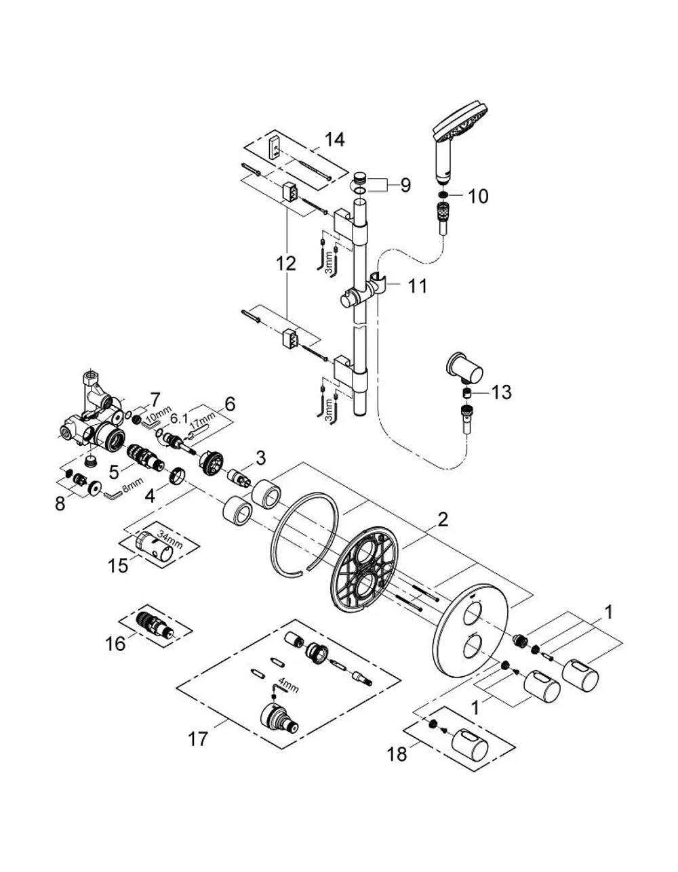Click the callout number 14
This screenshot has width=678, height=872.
334,140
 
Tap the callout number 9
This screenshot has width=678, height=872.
405,186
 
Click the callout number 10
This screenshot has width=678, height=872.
478,196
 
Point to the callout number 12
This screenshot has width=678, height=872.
286,264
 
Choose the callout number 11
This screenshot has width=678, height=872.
418,287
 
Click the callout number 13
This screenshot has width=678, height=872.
502,392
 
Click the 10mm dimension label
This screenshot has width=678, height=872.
153,417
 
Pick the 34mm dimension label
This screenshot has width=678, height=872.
169,539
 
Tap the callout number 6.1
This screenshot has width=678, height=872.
179,418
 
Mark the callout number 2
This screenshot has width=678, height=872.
442,520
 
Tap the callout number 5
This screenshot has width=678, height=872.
115,472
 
